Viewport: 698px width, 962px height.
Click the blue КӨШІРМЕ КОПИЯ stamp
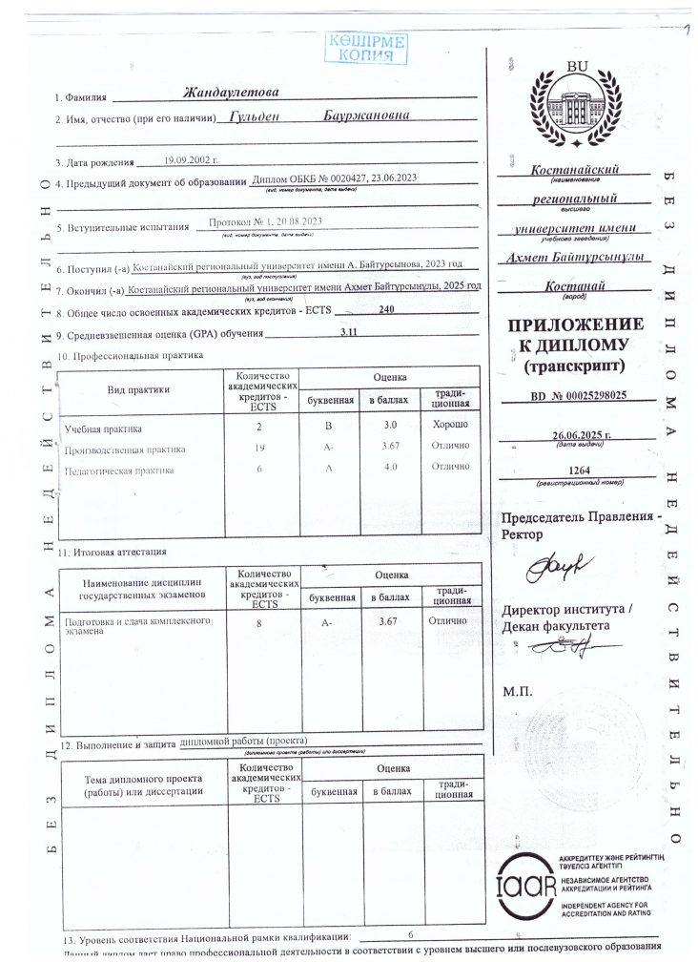point(367,48)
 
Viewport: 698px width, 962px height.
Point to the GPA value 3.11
point(349,331)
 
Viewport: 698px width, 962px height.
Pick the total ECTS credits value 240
point(386,310)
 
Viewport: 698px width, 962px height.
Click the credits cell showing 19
point(258,448)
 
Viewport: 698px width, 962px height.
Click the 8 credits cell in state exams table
point(258,623)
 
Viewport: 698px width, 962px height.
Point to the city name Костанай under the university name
point(575,285)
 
